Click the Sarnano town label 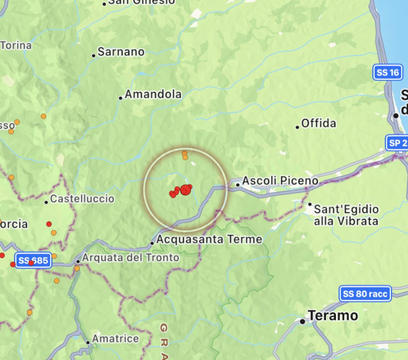(x=121, y=52)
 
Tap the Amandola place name (x=153, y=94)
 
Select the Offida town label (x=318, y=123)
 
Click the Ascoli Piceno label (x=280, y=181)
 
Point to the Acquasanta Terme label (x=209, y=239)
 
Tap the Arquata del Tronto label (x=131, y=258)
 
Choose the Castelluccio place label (x=82, y=199)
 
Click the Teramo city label (x=333, y=316)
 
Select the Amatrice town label (x=116, y=339)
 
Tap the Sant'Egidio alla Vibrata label (x=346, y=215)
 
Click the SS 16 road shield (x=388, y=72)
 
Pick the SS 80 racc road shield (x=365, y=294)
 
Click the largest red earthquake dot (x=184, y=190)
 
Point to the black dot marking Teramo (x=303, y=321)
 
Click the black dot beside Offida (x=297, y=127)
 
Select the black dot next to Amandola (x=121, y=98)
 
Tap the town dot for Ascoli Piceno (x=238, y=185)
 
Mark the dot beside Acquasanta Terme (x=152, y=243)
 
